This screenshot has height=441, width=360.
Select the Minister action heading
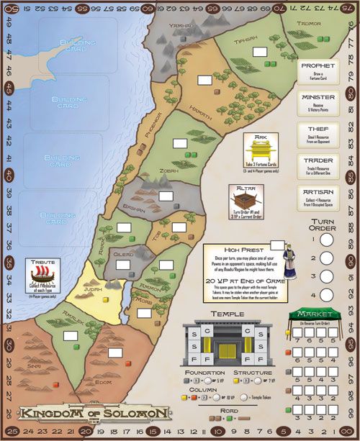[318, 97]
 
